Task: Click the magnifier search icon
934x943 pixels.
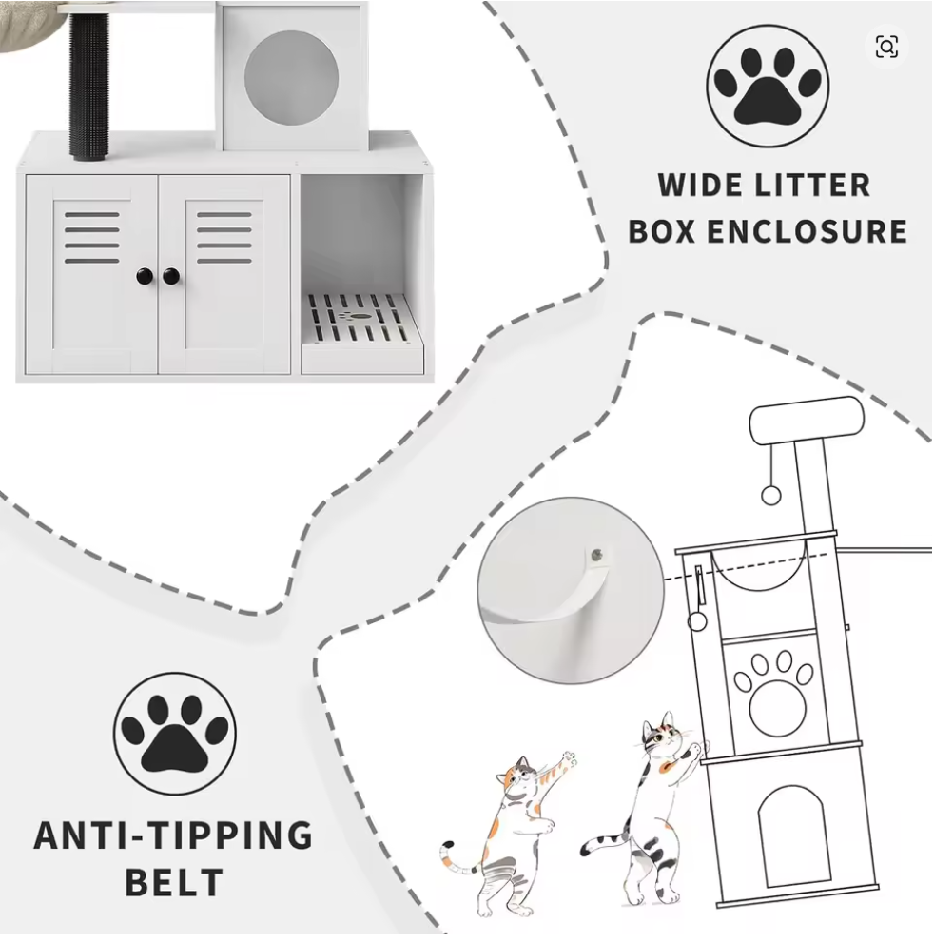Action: click(x=886, y=47)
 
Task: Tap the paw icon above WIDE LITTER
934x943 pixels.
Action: click(x=768, y=87)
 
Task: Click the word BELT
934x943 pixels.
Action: click(x=175, y=881)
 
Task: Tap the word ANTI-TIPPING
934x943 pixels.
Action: click(x=173, y=835)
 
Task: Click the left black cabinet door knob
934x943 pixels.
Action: click(x=144, y=276)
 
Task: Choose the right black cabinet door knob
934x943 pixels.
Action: click(x=171, y=276)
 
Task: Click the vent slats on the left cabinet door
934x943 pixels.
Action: click(x=92, y=236)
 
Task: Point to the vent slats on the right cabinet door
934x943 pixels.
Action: click(x=224, y=236)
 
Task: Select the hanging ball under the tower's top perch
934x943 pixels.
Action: click(x=773, y=496)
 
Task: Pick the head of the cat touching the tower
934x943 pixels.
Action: click(x=659, y=737)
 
